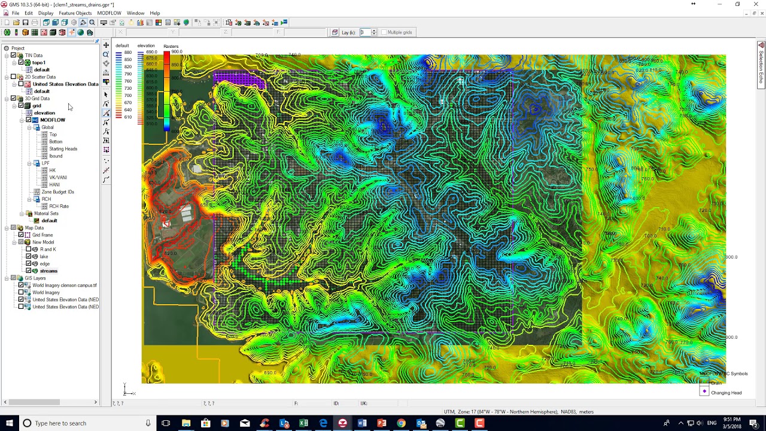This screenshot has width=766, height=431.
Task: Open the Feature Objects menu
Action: (75, 13)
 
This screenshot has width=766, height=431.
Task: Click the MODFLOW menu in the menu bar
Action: (109, 13)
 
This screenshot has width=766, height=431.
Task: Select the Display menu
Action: (45, 13)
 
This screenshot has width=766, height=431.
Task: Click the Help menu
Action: (155, 13)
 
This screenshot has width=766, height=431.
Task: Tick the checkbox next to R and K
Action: (28, 250)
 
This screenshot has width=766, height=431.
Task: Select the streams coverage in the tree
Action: (48, 271)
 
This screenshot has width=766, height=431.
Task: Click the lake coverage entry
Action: (44, 257)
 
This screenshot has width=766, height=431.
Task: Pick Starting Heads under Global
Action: (63, 149)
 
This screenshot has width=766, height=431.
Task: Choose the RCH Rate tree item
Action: (59, 207)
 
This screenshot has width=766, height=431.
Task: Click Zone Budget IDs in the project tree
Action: (57, 192)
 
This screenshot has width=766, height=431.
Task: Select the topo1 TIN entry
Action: (38, 63)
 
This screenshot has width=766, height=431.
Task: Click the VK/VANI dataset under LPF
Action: (57, 178)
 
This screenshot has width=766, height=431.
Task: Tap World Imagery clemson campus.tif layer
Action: (64, 286)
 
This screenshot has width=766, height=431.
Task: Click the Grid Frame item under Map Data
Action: (42, 235)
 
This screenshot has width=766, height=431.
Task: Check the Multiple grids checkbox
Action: (384, 32)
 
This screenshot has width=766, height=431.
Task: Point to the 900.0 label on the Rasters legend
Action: (177, 52)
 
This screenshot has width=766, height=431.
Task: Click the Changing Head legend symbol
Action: (704, 391)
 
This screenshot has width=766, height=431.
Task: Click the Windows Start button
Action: (9, 423)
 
